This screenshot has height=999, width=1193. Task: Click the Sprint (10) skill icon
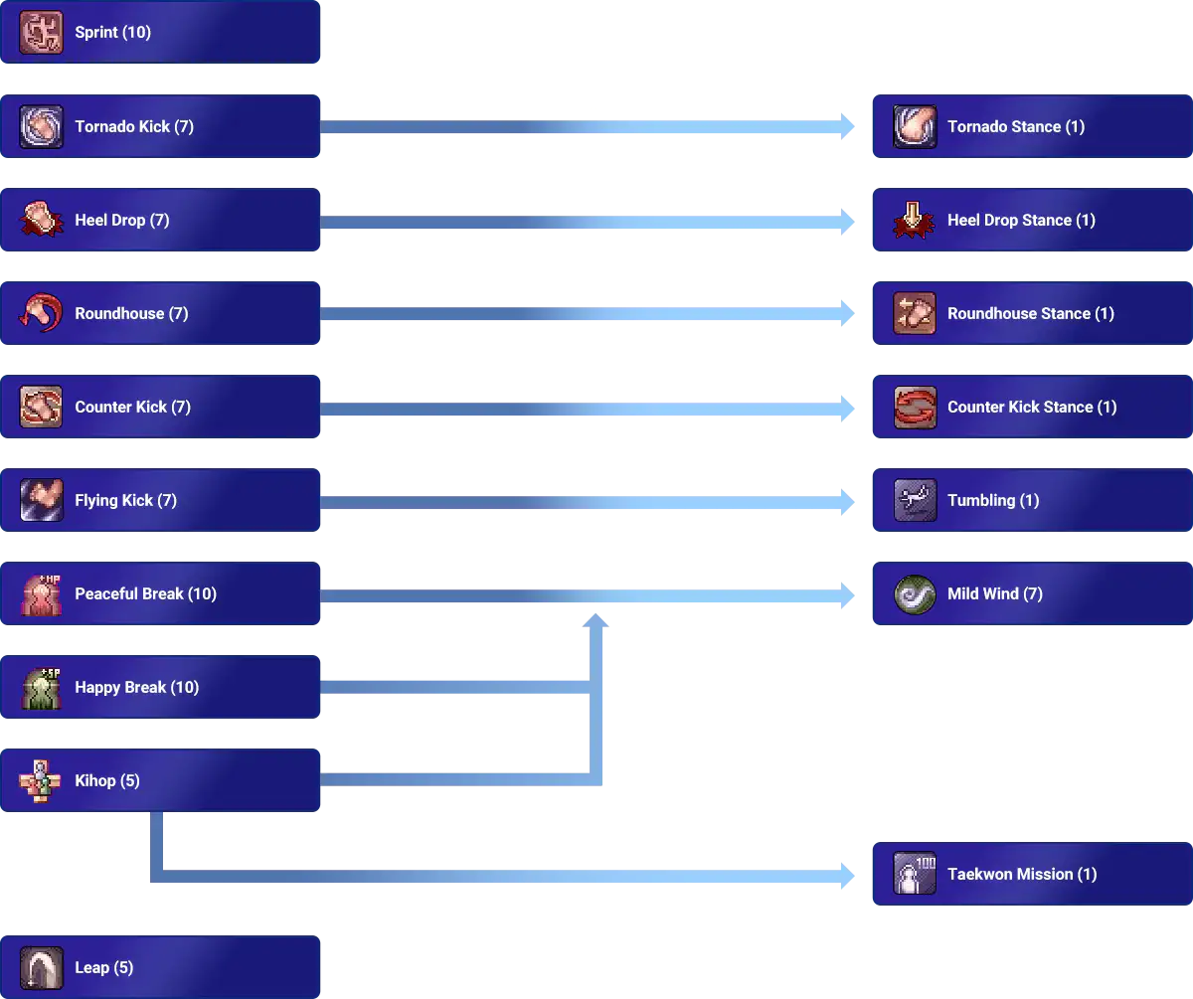click(41, 33)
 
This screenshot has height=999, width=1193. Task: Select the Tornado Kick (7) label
click(134, 127)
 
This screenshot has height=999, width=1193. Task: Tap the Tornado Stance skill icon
click(914, 127)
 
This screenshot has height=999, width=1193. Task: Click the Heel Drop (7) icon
click(41, 221)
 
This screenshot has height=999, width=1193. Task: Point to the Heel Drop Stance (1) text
click(1021, 221)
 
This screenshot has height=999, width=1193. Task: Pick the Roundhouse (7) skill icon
click(41, 314)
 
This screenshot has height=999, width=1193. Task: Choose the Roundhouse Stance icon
click(914, 314)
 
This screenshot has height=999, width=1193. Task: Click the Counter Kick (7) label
click(132, 408)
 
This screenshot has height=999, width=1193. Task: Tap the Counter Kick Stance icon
click(914, 408)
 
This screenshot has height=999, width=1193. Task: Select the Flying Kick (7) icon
click(41, 501)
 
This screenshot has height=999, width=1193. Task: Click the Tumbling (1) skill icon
click(914, 501)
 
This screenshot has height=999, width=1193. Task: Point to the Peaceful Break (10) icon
click(41, 594)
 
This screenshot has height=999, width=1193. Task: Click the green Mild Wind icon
click(914, 594)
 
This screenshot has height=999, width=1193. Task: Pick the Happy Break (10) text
click(136, 688)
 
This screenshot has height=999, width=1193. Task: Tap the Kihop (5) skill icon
click(41, 781)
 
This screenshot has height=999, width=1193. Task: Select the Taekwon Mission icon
click(914, 875)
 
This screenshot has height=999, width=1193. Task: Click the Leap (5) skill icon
click(41, 968)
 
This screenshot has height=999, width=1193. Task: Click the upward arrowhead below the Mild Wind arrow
click(596, 621)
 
